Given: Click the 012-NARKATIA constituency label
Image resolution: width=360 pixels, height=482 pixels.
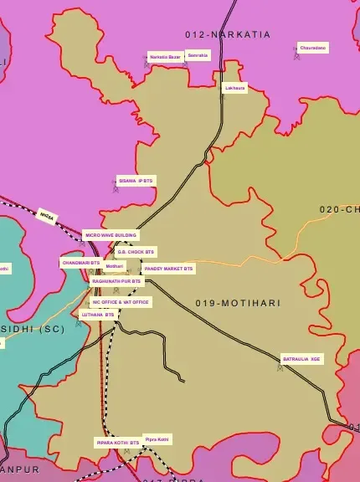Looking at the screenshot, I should click(228, 34).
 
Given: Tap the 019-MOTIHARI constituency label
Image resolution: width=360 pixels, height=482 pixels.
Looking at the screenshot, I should click(239, 302).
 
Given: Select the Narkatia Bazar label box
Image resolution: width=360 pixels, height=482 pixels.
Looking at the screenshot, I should click(165, 56).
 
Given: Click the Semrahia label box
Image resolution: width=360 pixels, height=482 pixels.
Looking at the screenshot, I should click(198, 55).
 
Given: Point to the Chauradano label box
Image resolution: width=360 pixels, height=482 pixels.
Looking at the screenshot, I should click(314, 49).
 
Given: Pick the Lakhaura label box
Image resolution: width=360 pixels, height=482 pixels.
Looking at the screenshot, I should click(235, 88).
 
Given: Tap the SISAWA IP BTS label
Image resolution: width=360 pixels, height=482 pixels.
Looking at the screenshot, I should click(136, 180).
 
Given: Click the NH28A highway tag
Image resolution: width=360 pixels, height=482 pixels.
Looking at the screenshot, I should click(47, 216).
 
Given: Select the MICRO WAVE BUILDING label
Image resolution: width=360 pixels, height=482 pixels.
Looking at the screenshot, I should click(111, 236).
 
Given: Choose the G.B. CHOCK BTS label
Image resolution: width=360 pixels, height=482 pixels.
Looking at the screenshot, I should click(136, 251).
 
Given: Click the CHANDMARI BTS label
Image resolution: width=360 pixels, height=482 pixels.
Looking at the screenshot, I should click(80, 263).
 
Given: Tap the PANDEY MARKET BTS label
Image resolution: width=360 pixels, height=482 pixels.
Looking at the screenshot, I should click(168, 269).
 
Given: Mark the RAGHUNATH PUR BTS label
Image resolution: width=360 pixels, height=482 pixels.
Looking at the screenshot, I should click(116, 282).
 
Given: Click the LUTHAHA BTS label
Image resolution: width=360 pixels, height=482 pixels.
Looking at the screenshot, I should click(97, 315).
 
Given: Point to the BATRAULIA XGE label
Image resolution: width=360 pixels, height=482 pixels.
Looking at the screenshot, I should click(301, 358).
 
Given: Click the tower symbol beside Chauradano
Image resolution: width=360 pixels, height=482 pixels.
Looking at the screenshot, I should click(296, 55).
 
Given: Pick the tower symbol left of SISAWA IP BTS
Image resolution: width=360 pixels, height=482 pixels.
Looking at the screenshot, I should click(116, 187).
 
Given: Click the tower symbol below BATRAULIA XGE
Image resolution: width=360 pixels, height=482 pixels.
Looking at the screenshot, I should click(280, 366).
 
